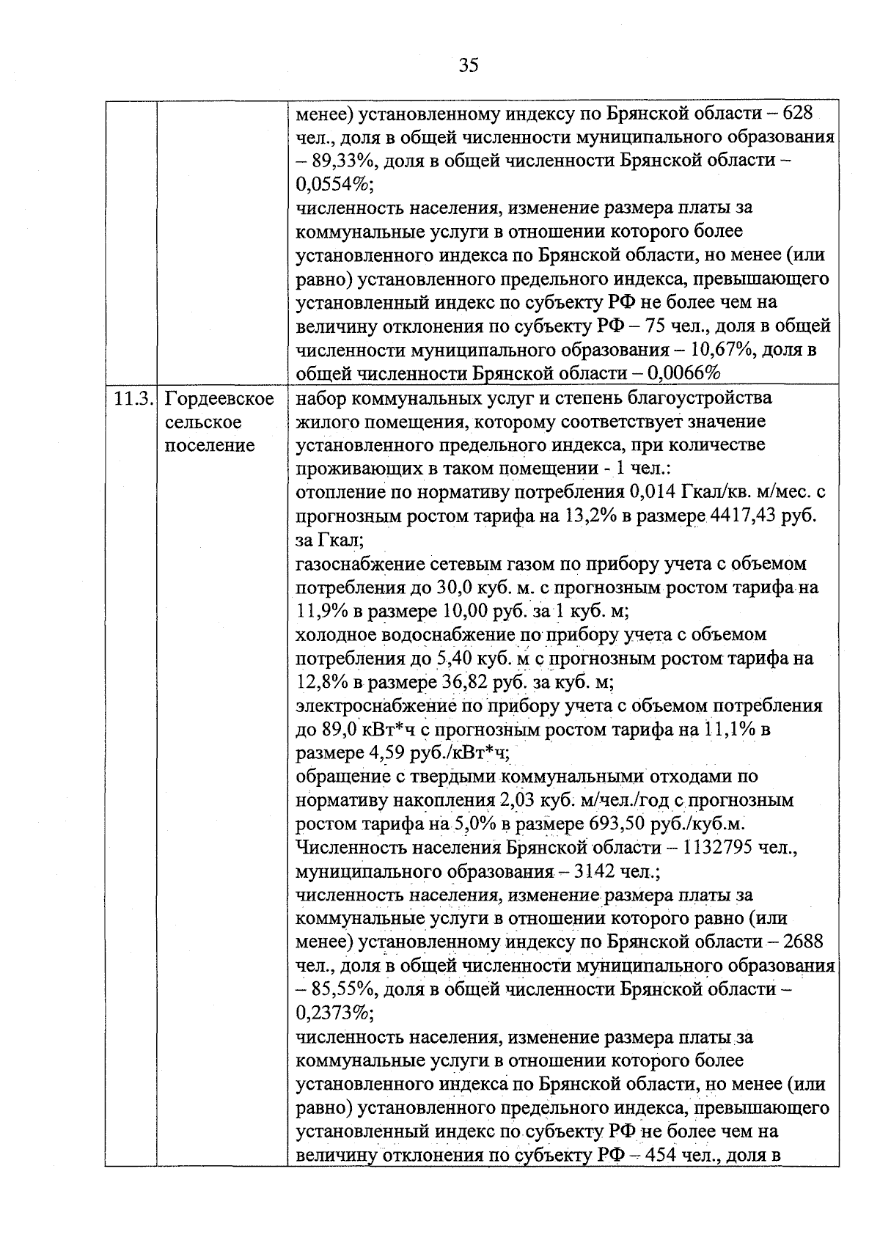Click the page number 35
[x=468, y=65]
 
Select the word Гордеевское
[x=220, y=399]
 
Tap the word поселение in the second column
[x=210, y=446]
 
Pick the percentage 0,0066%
[x=686, y=373]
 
